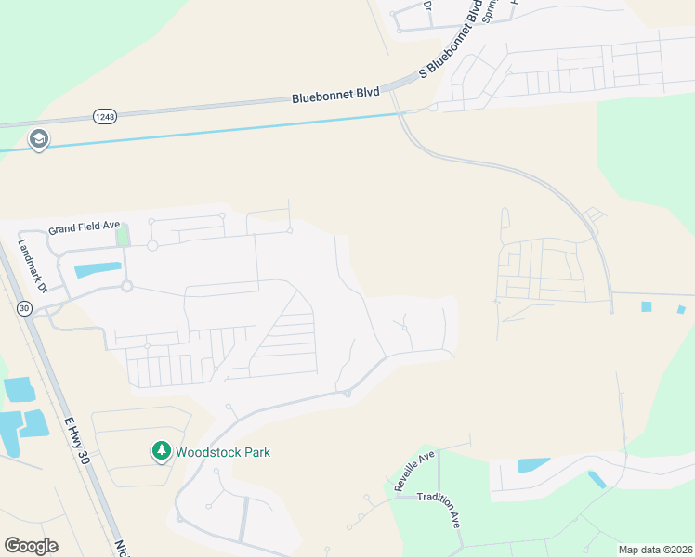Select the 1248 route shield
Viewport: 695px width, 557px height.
(104, 115)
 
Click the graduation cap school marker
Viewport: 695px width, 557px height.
(38, 140)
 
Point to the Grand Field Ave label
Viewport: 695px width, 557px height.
(85, 227)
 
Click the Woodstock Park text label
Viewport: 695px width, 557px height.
(225, 452)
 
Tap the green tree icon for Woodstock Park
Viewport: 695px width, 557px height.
(162, 451)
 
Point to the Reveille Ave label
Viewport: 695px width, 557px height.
(413, 473)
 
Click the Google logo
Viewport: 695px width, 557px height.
(31, 546)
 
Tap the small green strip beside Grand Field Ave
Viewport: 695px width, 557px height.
(122, 236)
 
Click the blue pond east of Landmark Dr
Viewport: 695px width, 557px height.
(98, 271)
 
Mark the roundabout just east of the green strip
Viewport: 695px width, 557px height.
(151, 246)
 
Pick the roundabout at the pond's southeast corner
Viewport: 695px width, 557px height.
(127, 286)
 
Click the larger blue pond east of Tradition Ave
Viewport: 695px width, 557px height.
(533, 464)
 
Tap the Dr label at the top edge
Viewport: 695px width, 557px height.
(428, 6)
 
